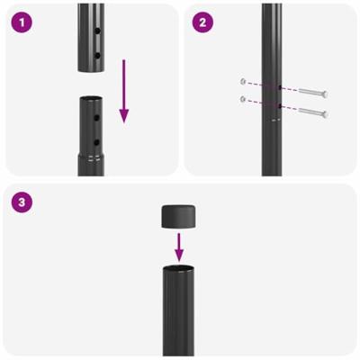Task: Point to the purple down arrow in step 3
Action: click(179, 244)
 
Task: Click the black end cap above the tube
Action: click(179, 215)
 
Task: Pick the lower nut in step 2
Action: click(243, 98)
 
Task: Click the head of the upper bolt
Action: click(323, 94)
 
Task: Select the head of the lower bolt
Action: click(323, 113)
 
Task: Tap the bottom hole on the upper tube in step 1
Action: click(96, 55)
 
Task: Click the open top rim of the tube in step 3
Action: click(179, 268)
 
